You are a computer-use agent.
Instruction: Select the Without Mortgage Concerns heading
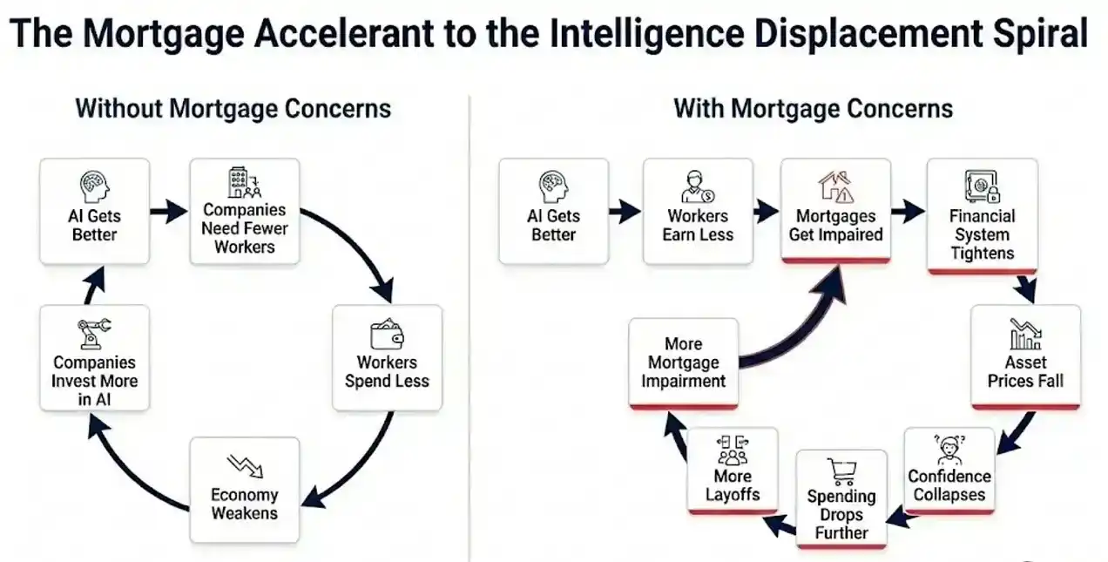(x=233, y=109)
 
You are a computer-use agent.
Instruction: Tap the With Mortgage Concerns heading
(x=813, y=109)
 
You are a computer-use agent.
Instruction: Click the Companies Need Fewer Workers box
(x=245, y=212)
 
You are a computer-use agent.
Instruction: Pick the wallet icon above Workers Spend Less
(x=387, y=334)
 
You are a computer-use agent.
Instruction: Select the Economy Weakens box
(x=245, y=490)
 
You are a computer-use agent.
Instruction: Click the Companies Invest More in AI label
(x=94, y=382)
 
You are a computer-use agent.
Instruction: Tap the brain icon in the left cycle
(x=94, y=187)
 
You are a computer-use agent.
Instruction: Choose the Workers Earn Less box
(x=698, y=212)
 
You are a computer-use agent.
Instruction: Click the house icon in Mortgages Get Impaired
(x=834, y=186)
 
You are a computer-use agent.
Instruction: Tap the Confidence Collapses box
(x=949, y=471)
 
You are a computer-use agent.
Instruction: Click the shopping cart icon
(x=841, y=471)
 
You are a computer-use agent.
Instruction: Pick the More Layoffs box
(x=732, y=471)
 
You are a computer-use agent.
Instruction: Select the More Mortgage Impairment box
(x=683, y=363)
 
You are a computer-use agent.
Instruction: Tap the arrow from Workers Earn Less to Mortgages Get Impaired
(x=766, y=211)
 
